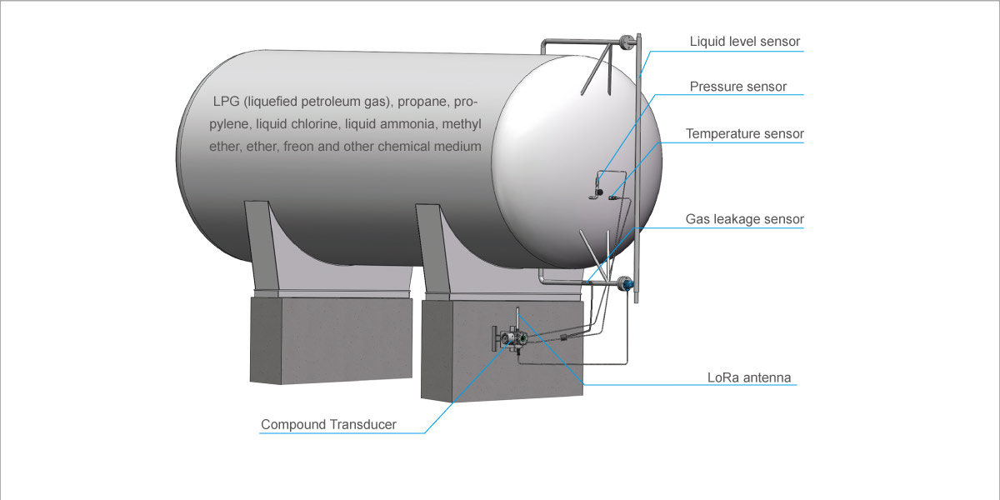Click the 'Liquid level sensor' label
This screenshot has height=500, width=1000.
pyautogui.click(x=745, y=41)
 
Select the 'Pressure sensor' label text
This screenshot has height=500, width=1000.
pyautogui.click(x=737, y=87)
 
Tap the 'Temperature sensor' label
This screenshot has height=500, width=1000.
pyautogui.click(x=745, y=133)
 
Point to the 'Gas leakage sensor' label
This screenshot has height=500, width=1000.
pyautogui.click(x=745, y=219)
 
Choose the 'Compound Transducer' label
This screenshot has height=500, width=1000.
pyautogui.click(x=328, y=424)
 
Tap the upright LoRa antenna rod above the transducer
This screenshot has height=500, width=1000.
pyautogui.click(x=517, y=317)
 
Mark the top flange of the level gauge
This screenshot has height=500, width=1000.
pyautogui.click(x=625, y=41)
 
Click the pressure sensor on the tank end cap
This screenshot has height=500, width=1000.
pyautogui.click(x=598, y=192)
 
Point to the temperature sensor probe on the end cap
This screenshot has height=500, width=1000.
pyautogui.click(x=612, y=198)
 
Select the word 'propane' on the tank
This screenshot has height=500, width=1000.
pyautogui.click(x=423, y=102)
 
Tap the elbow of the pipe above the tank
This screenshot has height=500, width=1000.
pyautogui.click(x=542, y=42)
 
